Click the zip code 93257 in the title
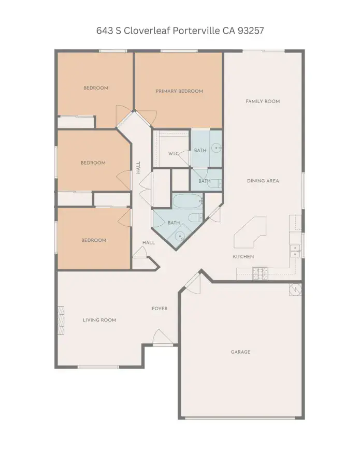251,31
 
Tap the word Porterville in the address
196,31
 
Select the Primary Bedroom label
179,91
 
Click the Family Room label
263,101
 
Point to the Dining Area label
263,181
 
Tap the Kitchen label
243,256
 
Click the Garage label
240,352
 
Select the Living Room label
99,320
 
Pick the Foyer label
160,309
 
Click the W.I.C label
174,154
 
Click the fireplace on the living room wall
61,321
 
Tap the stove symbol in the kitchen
260,273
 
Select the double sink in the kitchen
295,251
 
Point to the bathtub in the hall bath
188,201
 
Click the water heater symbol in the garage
295,289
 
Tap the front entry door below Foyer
163,337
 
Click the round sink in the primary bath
217,147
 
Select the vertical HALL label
138,168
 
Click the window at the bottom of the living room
98,367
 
